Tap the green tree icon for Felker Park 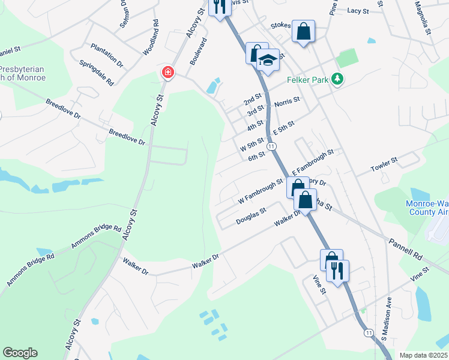338,79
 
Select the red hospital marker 167,73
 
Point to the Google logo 20,353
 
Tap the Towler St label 384,164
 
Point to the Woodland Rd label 150,38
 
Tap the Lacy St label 357,11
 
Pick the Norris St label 286,103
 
